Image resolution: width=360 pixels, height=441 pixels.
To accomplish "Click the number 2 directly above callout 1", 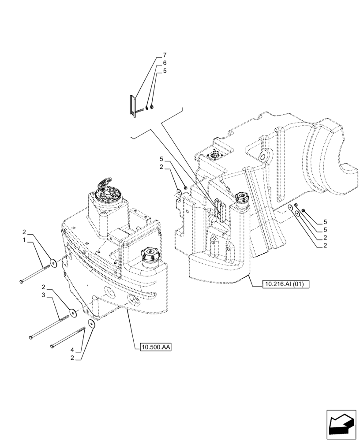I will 25,232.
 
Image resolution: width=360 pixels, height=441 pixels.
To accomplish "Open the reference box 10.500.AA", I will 155,348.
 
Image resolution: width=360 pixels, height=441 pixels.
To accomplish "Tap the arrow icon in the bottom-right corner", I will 341,425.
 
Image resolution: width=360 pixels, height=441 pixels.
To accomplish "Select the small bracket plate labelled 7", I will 131,107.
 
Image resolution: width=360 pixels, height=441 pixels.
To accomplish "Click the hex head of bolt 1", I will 22,281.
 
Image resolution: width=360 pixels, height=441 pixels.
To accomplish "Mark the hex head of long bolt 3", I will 30,337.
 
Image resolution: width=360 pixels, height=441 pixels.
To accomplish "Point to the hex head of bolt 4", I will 52,346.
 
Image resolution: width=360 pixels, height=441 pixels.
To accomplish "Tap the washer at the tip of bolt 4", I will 92,325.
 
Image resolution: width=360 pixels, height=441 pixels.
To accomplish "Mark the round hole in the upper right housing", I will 263,157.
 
